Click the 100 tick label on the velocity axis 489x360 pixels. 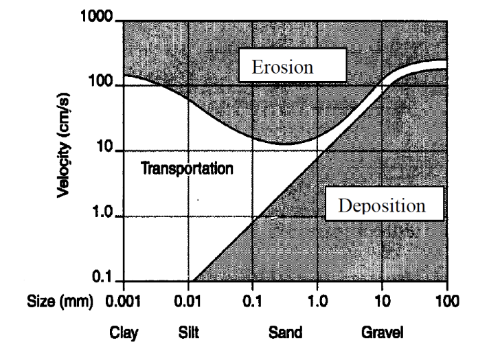pos(104,85)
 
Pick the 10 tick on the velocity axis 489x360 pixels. pos(107,150)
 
